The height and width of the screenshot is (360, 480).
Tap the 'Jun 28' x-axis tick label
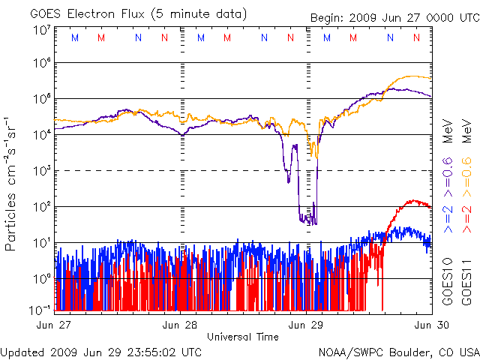click(x=181, y=325)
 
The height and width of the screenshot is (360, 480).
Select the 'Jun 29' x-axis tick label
click(x=306, y=325)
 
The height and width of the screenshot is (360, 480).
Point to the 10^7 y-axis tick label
click(x=42, y=31)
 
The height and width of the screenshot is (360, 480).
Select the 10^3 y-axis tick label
click(x=42, y=171)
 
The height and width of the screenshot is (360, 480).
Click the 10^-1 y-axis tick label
click(x=40, y=309)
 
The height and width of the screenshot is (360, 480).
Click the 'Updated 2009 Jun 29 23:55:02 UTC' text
click(x=101, y=351)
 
